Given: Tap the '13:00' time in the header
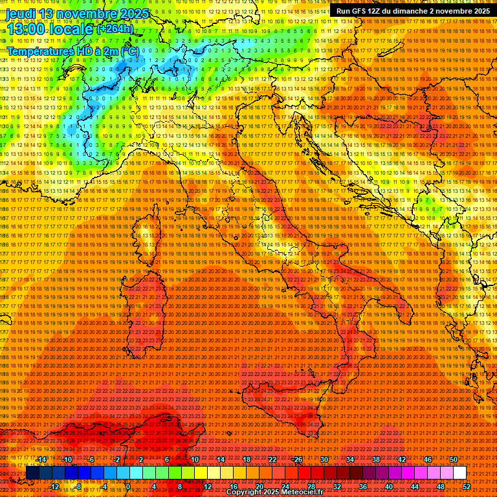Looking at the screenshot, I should (x=27, y=28).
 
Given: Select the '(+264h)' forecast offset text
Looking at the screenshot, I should (x=116, y=29).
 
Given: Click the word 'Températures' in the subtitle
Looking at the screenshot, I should (x=39, y=50).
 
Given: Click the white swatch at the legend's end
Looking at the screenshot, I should (x=459, y=473).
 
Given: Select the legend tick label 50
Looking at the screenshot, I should (x=454, y=459).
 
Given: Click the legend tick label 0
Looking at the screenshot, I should (x=129, y=486).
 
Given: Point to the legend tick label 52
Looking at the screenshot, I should (x=467, y=486).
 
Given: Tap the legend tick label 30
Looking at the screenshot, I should (x=324, y=459).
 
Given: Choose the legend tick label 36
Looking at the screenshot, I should (x=363, y=486).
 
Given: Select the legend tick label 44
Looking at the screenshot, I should (x=415, y=486).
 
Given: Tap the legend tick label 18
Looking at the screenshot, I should (x=247, y=459).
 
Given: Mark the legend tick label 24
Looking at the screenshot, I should (x=285, y=486).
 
